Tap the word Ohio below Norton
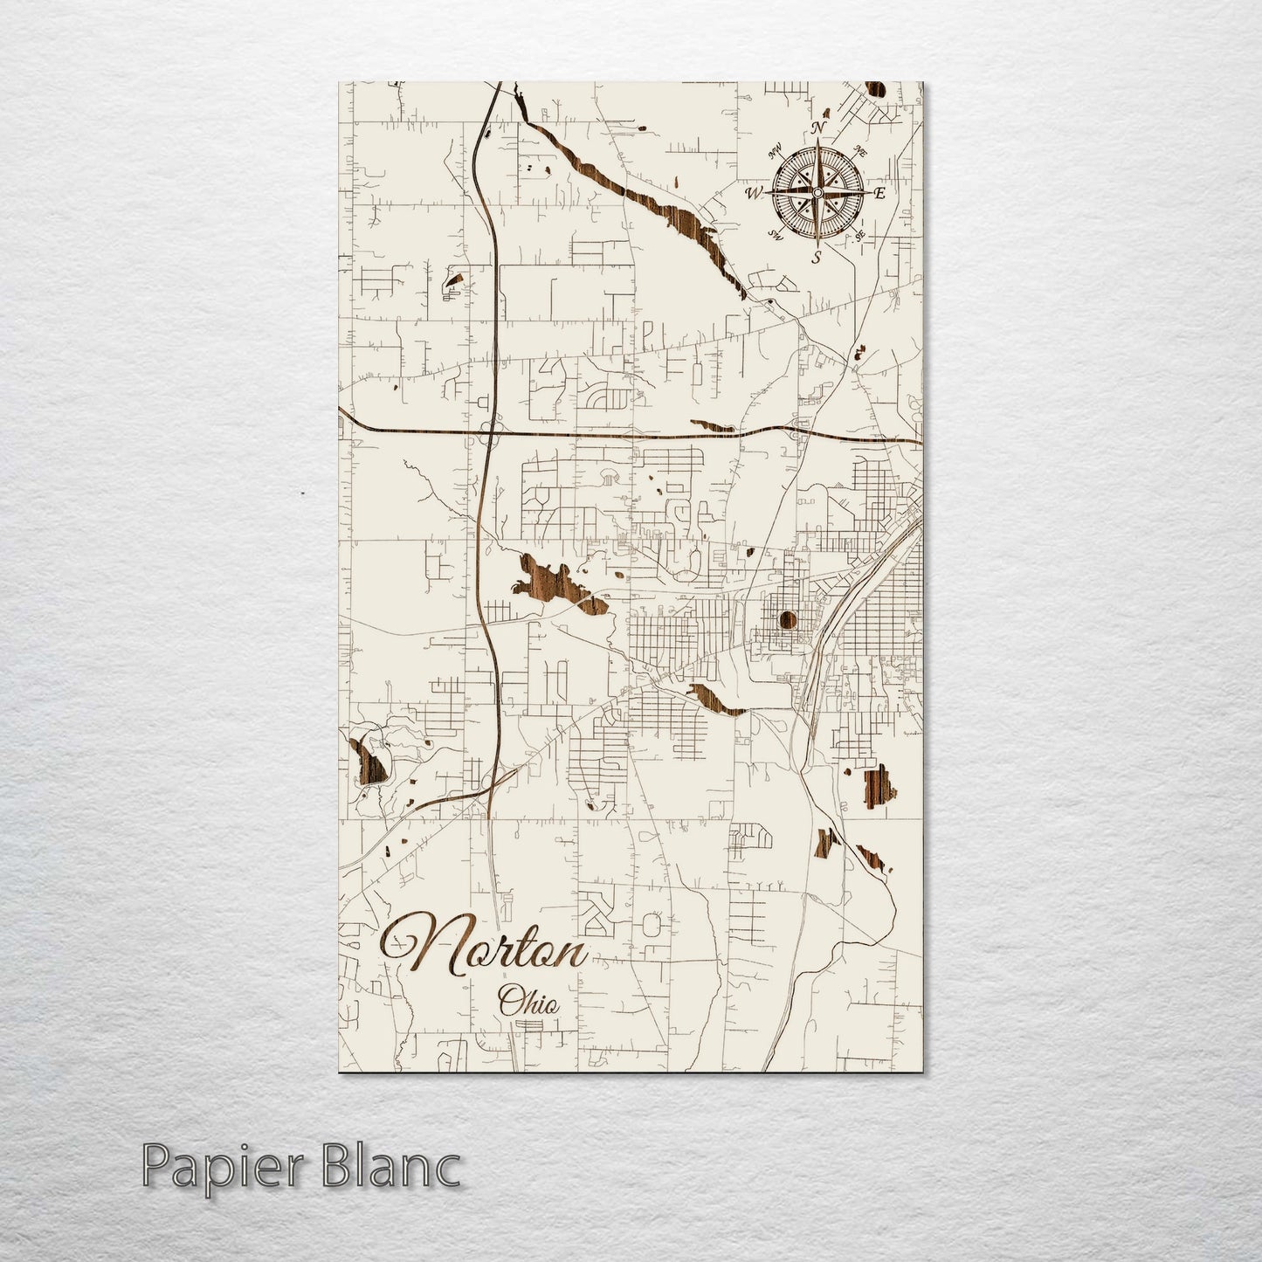click(x=527, y=1001)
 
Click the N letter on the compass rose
click(x=818, y=128)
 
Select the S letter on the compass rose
click(x=817, y=257)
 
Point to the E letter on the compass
click(x=879, y=193)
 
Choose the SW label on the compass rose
click(x=775, y=234)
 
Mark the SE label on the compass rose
click(x=860, y=236)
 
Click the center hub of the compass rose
click(x=817, y=191)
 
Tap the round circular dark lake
click(x=787, y=622)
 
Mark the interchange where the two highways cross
click(x=489, y=431)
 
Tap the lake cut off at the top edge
click(x=873, y=89)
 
